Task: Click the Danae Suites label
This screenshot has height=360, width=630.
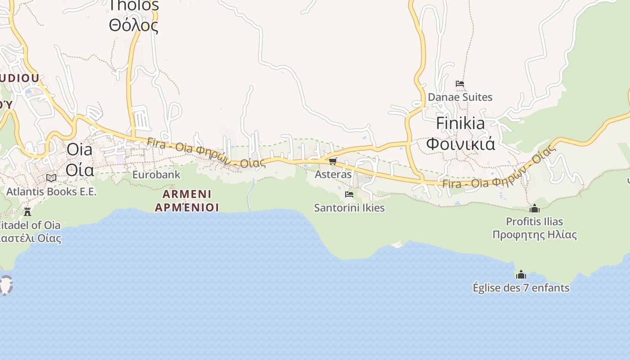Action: (460, 97)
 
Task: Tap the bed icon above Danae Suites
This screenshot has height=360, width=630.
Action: (460, 84)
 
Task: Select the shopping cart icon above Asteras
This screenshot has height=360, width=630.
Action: (333, 161)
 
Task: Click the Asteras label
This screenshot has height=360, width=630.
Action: (333, 174)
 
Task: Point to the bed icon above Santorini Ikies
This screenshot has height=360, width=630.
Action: (349, 194)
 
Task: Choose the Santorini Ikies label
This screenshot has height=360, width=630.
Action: (349, 208)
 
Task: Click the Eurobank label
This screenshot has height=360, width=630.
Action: (156, 175)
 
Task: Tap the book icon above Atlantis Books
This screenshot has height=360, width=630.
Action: (51, 178)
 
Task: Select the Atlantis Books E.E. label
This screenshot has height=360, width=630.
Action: (51, 192)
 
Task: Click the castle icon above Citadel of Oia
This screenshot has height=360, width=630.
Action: (27, 211)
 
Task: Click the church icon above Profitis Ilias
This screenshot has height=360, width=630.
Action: (535, 208)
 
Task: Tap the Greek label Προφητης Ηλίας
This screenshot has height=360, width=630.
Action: (535, 235)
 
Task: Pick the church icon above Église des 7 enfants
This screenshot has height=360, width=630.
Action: (521, 274)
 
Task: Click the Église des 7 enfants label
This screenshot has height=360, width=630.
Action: (521, 288)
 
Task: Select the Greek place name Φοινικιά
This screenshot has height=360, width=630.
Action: (460, 144)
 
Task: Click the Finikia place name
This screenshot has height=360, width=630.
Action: (460, 123)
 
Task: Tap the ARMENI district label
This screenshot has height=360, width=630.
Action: (187, 194)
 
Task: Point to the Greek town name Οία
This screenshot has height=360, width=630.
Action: (80, 170)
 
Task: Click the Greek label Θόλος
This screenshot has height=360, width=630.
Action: (134, 26)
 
